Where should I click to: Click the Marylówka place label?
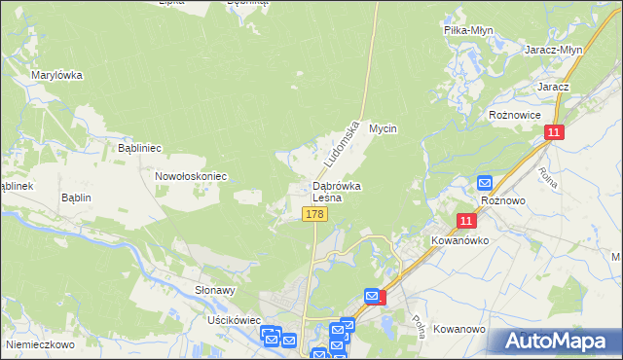(56, 75)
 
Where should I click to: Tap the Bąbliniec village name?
(139, 149)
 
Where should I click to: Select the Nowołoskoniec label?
(191, 177)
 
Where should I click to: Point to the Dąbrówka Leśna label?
(338, 190)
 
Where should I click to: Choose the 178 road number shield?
(313, 214)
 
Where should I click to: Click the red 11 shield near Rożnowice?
(554, 132)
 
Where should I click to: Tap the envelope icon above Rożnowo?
(485, 182)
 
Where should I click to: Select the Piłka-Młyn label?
(468, 30)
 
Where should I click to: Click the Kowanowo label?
(459, 330)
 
